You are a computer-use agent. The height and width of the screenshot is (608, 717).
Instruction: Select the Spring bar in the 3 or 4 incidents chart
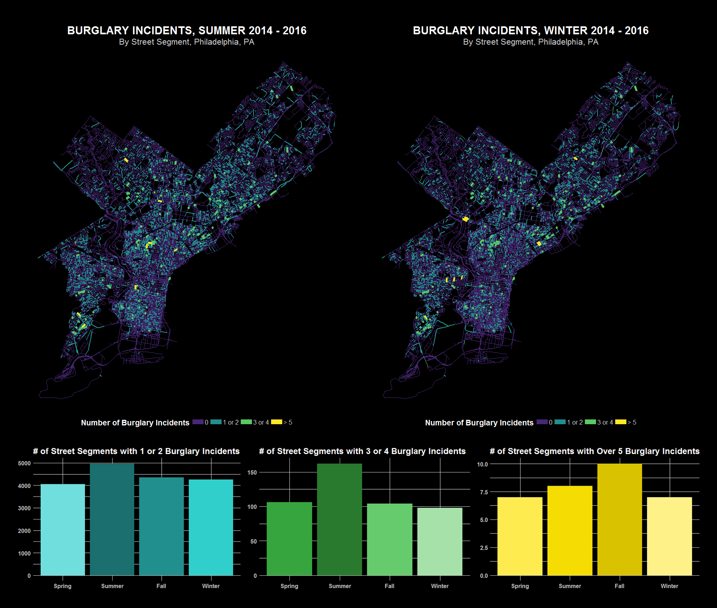coord(289,538)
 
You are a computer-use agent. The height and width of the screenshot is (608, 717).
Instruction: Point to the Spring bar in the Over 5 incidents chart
coord(520,536)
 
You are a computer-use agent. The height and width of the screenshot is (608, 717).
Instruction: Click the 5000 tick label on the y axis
coord(24,463)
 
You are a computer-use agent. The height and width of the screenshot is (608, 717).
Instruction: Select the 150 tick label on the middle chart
coord(252,472)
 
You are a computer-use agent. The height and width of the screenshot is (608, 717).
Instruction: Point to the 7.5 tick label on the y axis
coord(484,492)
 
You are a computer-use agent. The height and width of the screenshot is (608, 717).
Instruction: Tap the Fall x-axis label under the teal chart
coord(161,586)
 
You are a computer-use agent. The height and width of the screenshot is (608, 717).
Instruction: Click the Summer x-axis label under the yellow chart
coord(570,586)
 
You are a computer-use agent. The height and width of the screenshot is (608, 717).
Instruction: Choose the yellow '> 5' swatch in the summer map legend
coord(276,422)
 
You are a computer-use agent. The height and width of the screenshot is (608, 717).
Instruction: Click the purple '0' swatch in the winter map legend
coord(542,422)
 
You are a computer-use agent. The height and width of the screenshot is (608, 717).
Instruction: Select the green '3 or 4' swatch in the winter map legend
coord(590,422)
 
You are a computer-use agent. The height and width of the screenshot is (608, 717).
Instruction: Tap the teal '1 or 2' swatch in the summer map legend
coord(216,422)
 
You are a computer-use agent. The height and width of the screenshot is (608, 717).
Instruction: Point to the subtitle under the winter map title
coord(531,42)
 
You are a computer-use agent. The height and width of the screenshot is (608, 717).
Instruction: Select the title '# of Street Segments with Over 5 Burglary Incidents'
coord(594,451)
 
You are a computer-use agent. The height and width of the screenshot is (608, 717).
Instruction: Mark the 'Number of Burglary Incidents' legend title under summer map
coord(135,423)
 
